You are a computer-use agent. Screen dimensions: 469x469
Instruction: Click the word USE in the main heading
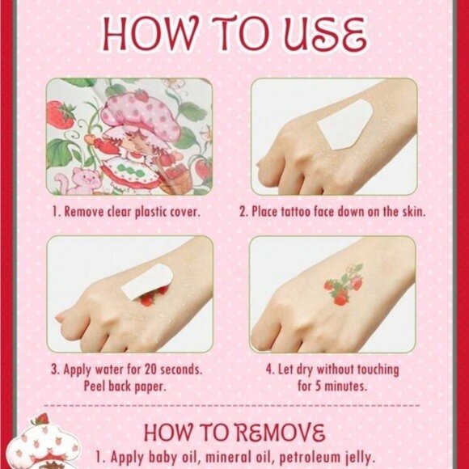(x=325, y=34)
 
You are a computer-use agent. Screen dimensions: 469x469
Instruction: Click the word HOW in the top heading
(x=150, y=33)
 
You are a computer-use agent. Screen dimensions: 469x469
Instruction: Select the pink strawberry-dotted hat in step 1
(x=141, y=114)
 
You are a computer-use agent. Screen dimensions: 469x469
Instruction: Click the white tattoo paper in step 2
(x=344, y=125)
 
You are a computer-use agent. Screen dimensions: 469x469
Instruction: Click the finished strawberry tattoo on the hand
(x=344, y=284)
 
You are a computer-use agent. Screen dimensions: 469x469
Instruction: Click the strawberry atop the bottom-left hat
(x=41, y=419)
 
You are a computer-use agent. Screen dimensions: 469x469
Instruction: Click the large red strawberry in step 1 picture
(x=60, y=115)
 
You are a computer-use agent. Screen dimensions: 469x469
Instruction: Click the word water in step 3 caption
(x=109, y=370)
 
